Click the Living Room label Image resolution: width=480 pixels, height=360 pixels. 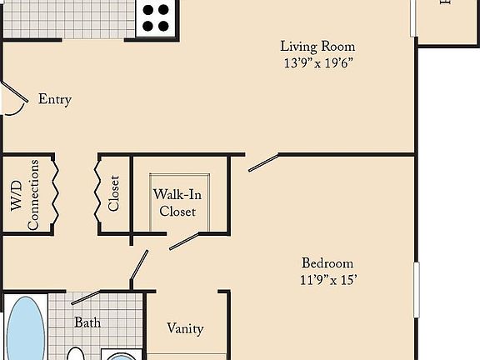pyautogui.click(x=317, y=47)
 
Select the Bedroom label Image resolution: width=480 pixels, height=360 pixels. pyautogui.click(x=327, y=262)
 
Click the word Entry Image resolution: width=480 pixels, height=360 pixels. pyautogui.click(x=55, y=99)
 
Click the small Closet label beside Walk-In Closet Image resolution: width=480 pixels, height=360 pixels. pyautogui.click(x=114, y=193)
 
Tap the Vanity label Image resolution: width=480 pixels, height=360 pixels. pyautogui.click(x=185, y=328)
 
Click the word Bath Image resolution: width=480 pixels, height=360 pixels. pyautogui.click(x=87, y=322)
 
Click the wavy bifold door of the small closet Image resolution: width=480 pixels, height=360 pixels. pyautogui.click(x=98, y=193)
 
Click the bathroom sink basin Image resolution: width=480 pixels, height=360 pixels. pyautogui.click(x=121, y=356)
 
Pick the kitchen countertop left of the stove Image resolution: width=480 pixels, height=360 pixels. pyautogui.click(x=67, y=17)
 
